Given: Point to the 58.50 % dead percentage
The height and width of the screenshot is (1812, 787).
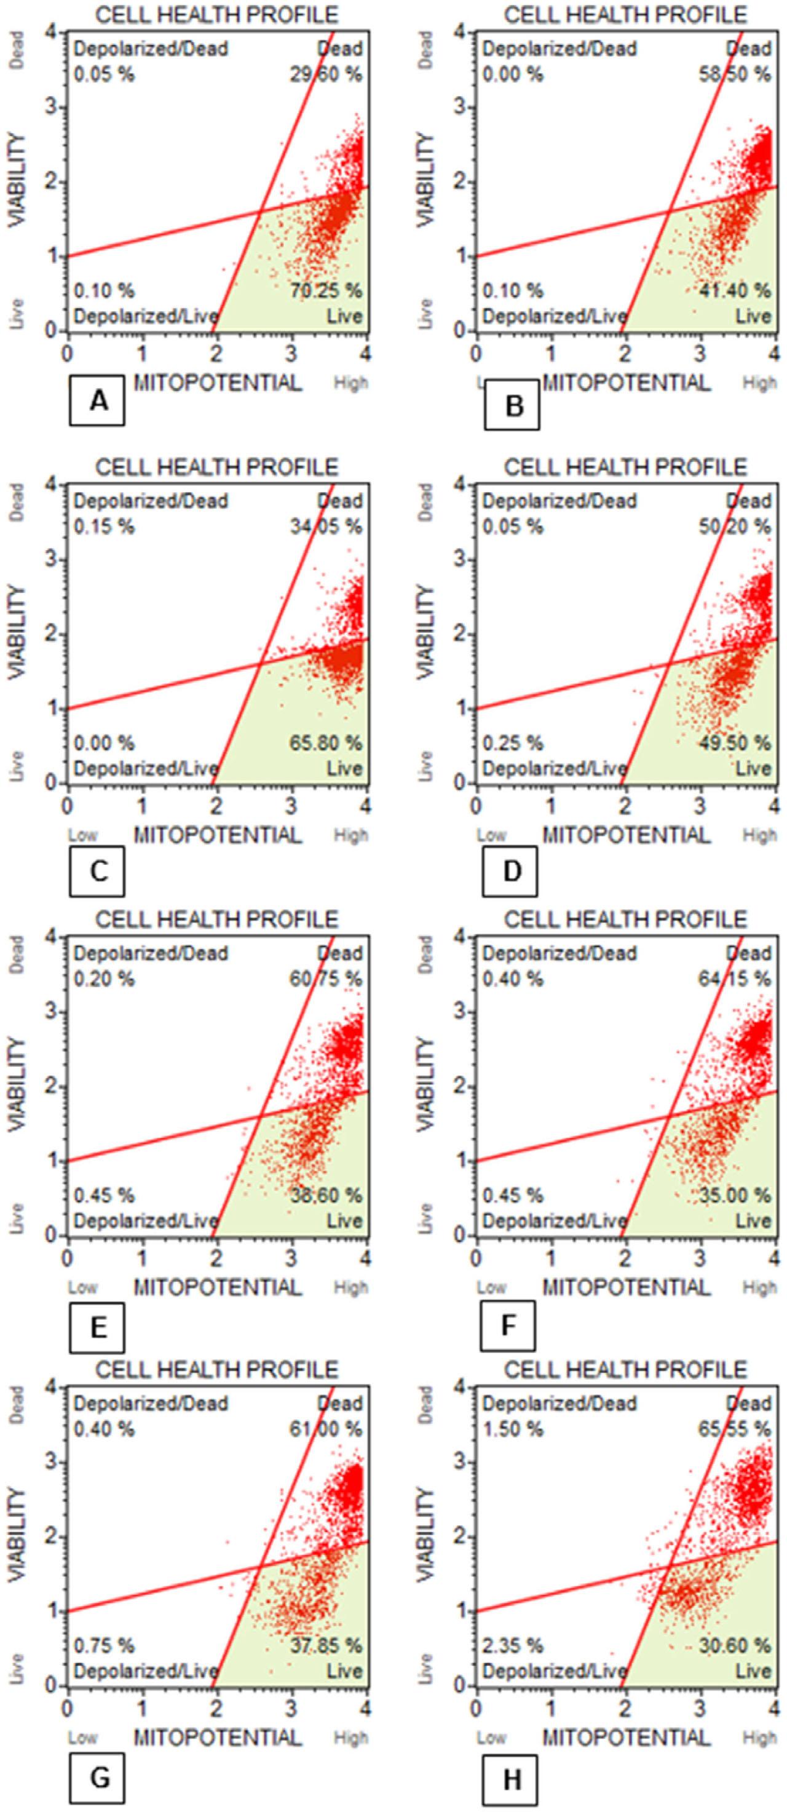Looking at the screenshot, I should (x=735, y=74).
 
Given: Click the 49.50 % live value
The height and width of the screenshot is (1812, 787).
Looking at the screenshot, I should (x=735, y=743).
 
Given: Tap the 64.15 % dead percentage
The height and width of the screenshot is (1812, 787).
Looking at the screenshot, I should (x=735, y=979).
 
